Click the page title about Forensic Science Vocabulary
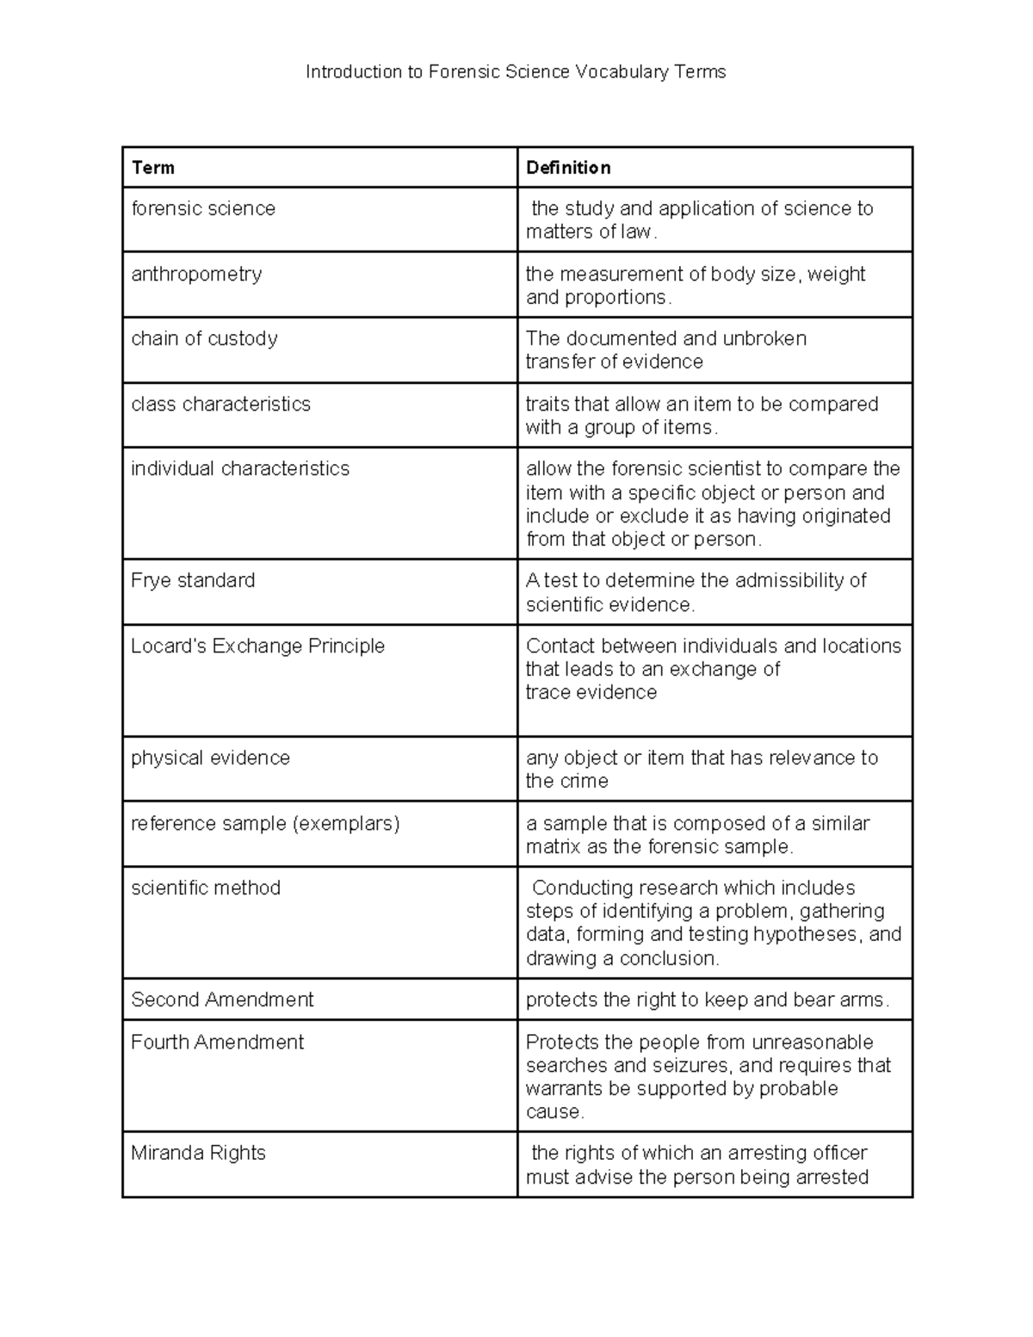click(516, 72)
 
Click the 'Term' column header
click(152, 168)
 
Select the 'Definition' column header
click(568, 168)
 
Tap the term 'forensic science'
click(203, 208)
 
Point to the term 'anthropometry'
click(196, 274)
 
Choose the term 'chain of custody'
click(204, 338)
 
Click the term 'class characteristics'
click(220, 404)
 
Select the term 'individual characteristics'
click(240, 468)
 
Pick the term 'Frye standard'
click(193, 580)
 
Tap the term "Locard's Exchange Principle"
click(257, 646)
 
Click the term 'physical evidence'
click(210, 758)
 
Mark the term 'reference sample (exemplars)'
click(265, 823)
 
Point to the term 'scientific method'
click(206, 888)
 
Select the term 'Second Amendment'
click(222, 1000)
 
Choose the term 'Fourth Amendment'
click(217, 1042)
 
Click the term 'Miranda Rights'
click(198, 1153)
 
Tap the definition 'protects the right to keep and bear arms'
click(707, 1000)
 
